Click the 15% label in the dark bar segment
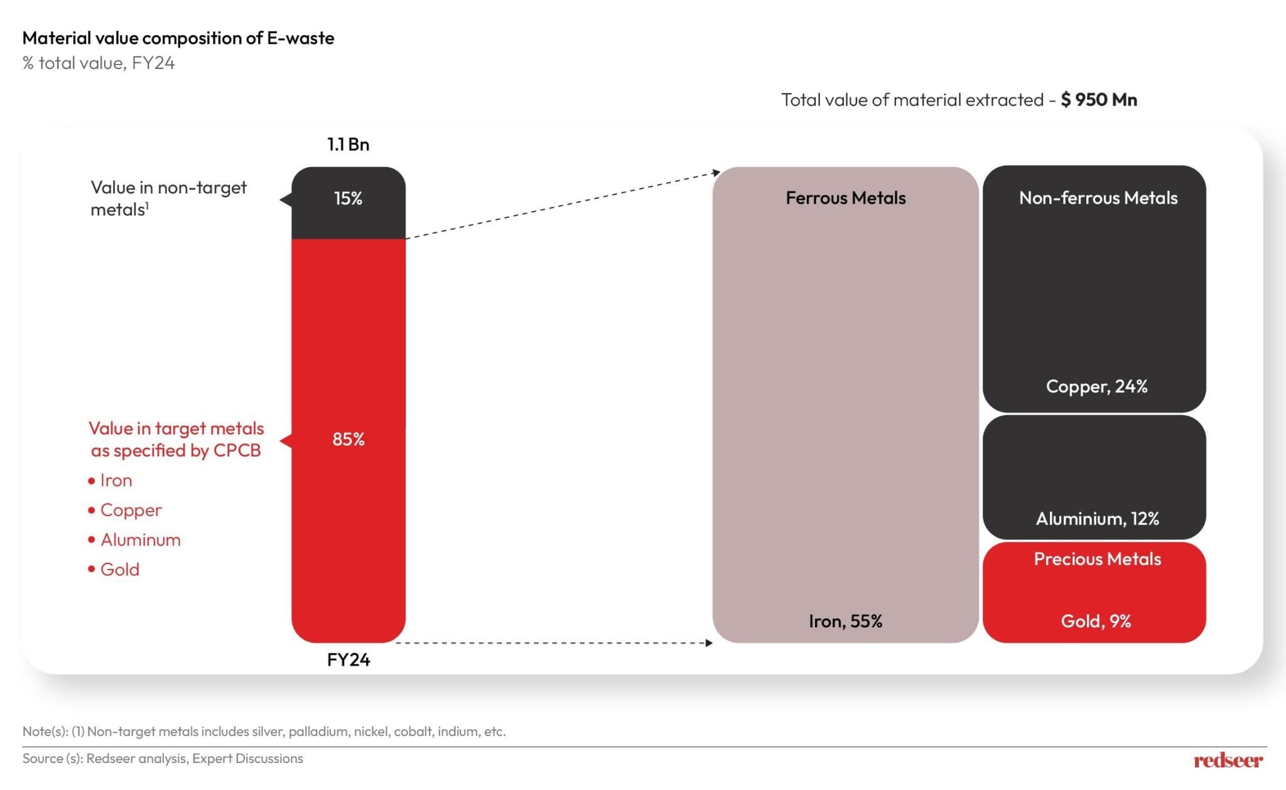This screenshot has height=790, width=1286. (348, 198)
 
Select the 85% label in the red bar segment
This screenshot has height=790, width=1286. (348, 439)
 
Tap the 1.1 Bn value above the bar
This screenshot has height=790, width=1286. (348, 144)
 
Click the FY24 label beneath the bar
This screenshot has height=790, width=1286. (348, 659)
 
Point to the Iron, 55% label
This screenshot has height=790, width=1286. (845, 621)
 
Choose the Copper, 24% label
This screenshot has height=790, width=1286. (1096, 386)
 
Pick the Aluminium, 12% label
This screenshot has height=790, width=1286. (1096, 519)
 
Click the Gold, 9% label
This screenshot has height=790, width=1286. (1096, 621)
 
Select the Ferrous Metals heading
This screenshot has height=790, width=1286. (845, 198)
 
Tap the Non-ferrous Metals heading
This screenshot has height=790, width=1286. (1098, 198)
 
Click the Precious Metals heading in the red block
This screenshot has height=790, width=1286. (1097, 559)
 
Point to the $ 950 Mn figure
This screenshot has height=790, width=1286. (1099, 100)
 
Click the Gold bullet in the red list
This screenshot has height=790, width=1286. (119, 570)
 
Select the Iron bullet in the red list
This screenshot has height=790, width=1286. (116, 480)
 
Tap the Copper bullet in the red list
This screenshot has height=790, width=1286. (131, 510)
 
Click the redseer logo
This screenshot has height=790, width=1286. (1228, 760)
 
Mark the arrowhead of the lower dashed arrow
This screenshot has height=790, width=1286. (709, 643)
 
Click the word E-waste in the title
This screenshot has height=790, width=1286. (300, 38)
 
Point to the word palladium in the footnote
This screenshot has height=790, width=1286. (318, 732)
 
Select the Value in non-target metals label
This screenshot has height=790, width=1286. (168, 198)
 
